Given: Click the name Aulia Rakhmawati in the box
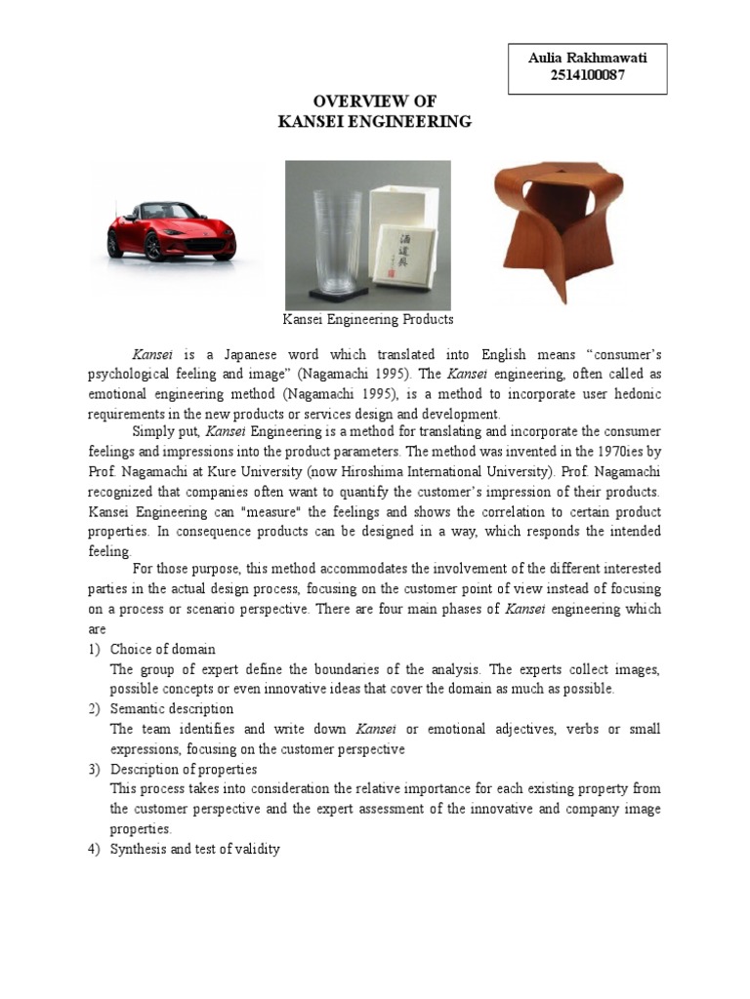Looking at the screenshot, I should click(x=587, y=59).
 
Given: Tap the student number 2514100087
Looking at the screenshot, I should click(x=587, y=76).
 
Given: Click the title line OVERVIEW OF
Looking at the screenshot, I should click(x=374, y=101).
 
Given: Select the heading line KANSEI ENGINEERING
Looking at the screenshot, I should click(x=374, y=122).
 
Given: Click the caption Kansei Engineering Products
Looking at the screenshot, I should click(x=368, y=319).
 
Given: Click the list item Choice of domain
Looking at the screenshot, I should click(x=163, y=649).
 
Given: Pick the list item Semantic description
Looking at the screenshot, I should click(x=172, y=708).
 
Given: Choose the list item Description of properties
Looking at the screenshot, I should click(x=184, y=769).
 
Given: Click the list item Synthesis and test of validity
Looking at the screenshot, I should click(x=195, y=849).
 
